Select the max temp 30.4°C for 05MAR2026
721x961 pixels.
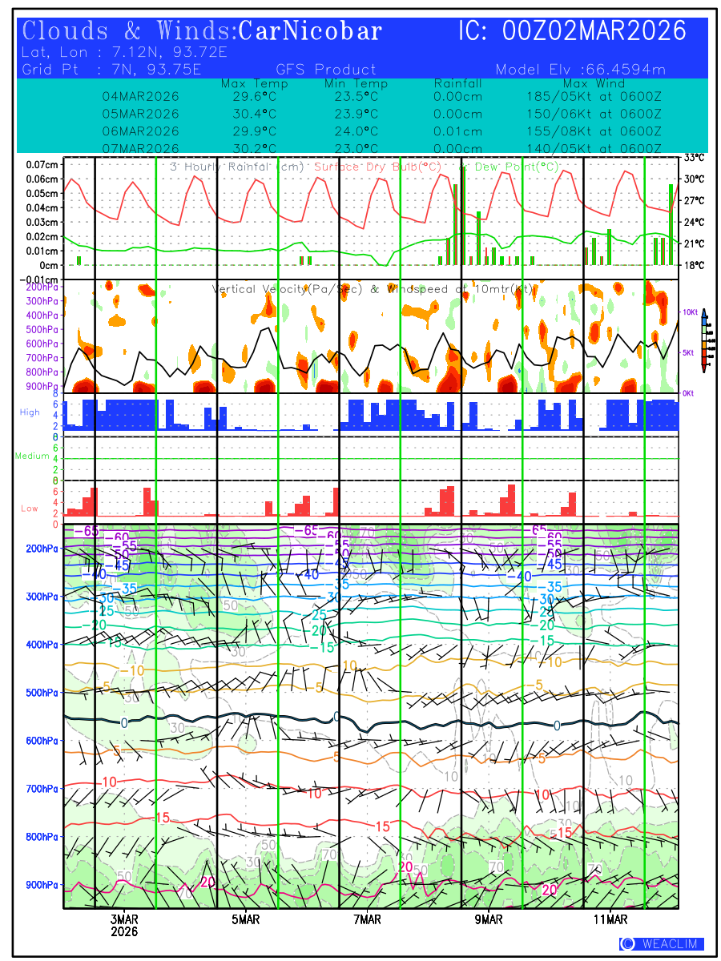(x=249, y=114)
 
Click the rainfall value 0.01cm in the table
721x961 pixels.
(x=457, y=131)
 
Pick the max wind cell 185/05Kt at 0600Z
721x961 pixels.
(x=589, y=96)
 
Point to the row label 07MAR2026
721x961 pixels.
(x=140, y=149)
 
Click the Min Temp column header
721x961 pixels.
(x=356, y=83)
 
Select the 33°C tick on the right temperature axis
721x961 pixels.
(x=694, y=158)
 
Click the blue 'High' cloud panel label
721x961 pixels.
(x=30, y=412)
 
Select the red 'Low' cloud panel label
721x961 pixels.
(x=30, y=509)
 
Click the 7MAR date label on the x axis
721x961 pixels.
(x=367, y=919)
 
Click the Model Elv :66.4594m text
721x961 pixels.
(x=580, y=70)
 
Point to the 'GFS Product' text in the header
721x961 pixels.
(x=325, y=70)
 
